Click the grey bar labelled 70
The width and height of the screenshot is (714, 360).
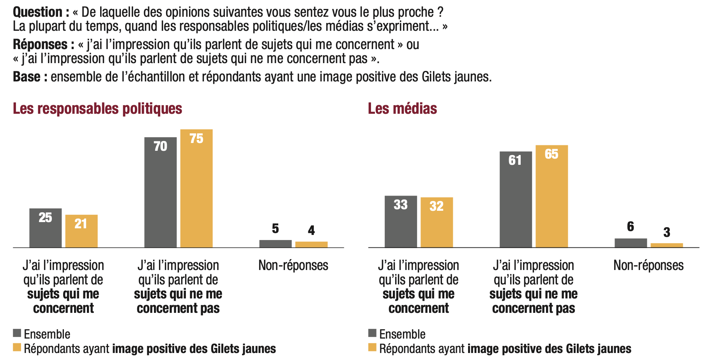coord(160,192)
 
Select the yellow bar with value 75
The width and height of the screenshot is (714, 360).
coord(196,189)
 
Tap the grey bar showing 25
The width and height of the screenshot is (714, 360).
coord(45,228)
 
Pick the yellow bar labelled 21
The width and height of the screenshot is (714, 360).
coord(81,231)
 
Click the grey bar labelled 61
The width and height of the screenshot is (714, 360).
coord(516,199)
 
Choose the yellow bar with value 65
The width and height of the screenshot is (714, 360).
coord(551,196)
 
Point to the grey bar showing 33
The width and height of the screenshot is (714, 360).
coord(401,221)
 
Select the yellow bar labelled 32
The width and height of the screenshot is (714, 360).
coord(437,222)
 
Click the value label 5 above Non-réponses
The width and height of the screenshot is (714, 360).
coord(275,229)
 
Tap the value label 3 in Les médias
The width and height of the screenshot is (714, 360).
coord(667,233)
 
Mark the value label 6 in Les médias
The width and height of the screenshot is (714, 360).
coord(631,227)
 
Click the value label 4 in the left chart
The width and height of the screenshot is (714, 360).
coord(311,231)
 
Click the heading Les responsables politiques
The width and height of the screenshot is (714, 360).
coord(97,109)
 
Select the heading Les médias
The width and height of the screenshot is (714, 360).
coord(402,109)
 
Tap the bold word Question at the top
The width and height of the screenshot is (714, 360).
coord(38,12)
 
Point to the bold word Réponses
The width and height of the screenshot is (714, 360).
coord(40,44)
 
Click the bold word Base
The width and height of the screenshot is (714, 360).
coord(27,77)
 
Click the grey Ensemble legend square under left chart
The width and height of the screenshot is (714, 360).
coord(17,333)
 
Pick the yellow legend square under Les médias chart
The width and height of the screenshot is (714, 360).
coord(372,347)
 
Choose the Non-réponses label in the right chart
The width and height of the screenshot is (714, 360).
coord(648,265)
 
